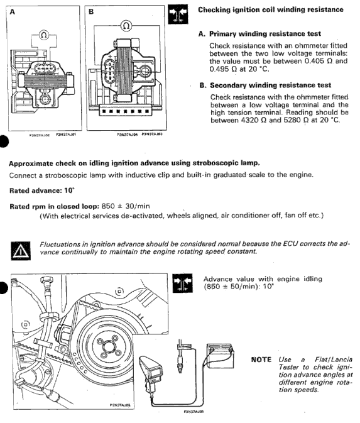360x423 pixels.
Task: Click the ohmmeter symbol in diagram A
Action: click(44, 35)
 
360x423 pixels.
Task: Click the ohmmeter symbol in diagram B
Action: click(126, 26)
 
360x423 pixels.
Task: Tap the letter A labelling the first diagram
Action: click(13, 12)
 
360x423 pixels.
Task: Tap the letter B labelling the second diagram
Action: click(91, 12)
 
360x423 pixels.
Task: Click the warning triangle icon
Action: click(21, 251)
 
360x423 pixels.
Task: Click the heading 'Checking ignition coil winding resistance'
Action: click(271, 10)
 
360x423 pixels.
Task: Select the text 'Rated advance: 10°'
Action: click(42, 190)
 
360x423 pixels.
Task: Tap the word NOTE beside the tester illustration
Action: click(261, 360)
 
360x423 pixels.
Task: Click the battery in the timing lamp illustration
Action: click(220, 356)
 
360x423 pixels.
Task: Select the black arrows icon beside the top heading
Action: click(178, 14)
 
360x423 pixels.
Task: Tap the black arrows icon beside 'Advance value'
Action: click(183, 283)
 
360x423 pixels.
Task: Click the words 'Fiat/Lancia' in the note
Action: click(334, 360)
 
